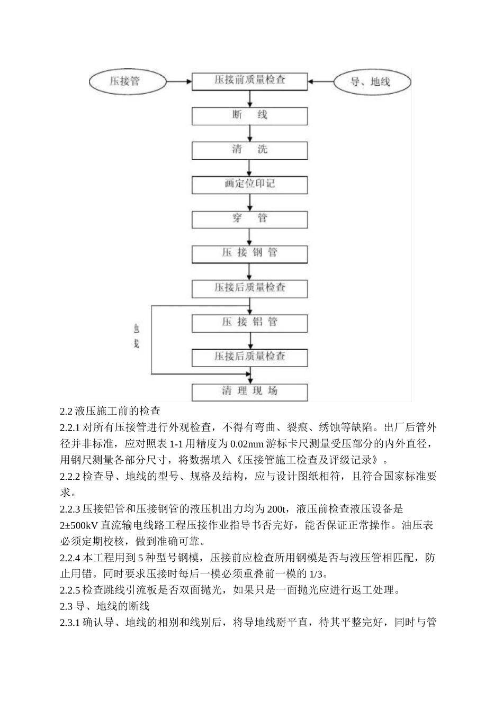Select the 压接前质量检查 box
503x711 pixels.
click(249, 80)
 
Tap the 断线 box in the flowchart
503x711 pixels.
click(249, 115)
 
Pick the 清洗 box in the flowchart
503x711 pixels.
click(249, 150)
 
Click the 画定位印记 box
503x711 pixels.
click(249, 184)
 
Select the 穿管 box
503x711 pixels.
click(249, 218)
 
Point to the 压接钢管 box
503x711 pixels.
click(249, 253)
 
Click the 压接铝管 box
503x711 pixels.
click(249, 322)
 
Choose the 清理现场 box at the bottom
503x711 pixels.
click(249, 391)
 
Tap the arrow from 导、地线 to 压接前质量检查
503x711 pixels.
click(322, 81)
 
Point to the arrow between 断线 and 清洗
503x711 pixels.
click(250, 133)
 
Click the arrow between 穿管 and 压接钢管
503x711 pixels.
click(250, 236)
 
